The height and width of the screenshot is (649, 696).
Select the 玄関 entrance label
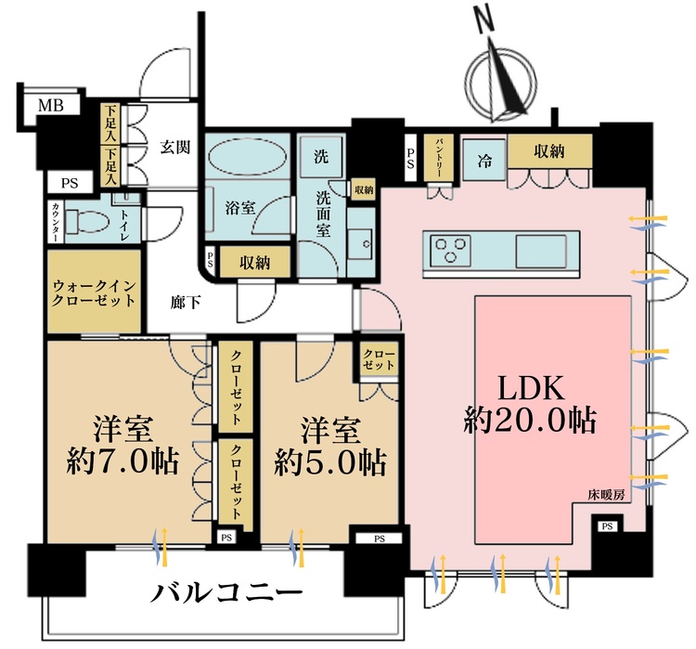pos(174,146)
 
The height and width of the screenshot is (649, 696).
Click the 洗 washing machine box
pos(320,154)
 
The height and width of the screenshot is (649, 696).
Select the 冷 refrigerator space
pos(484,159)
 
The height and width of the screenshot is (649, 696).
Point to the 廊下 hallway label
pos(183,302)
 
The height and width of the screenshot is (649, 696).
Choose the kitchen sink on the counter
pos(543,250)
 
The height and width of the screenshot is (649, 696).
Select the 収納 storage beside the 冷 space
pos(548,152)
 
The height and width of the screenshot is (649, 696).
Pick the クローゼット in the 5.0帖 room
pos(378,360)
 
